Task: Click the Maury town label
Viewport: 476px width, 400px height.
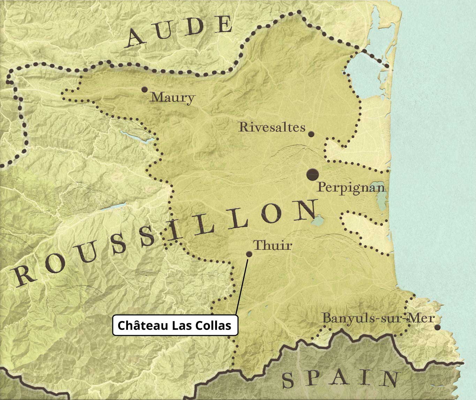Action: click(172, 98)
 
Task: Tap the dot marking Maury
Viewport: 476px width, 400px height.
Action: click(144, 90)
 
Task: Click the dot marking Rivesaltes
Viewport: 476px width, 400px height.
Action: click(311, 134)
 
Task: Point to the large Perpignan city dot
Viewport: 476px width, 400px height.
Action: click(312, 174)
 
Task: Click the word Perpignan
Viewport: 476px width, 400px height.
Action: click(351, 188)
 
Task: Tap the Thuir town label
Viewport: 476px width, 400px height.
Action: click(272, 245)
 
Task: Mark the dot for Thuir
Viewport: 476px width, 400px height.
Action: click(249, 254)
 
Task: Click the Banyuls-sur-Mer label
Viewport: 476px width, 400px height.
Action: click(378, 318)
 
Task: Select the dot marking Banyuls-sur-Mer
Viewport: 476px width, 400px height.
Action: click(437, 327)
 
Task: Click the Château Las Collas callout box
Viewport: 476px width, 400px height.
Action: click(175, 325)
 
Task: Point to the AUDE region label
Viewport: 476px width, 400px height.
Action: click(180, 32)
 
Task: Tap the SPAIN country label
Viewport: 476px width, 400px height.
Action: click(340, 379)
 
